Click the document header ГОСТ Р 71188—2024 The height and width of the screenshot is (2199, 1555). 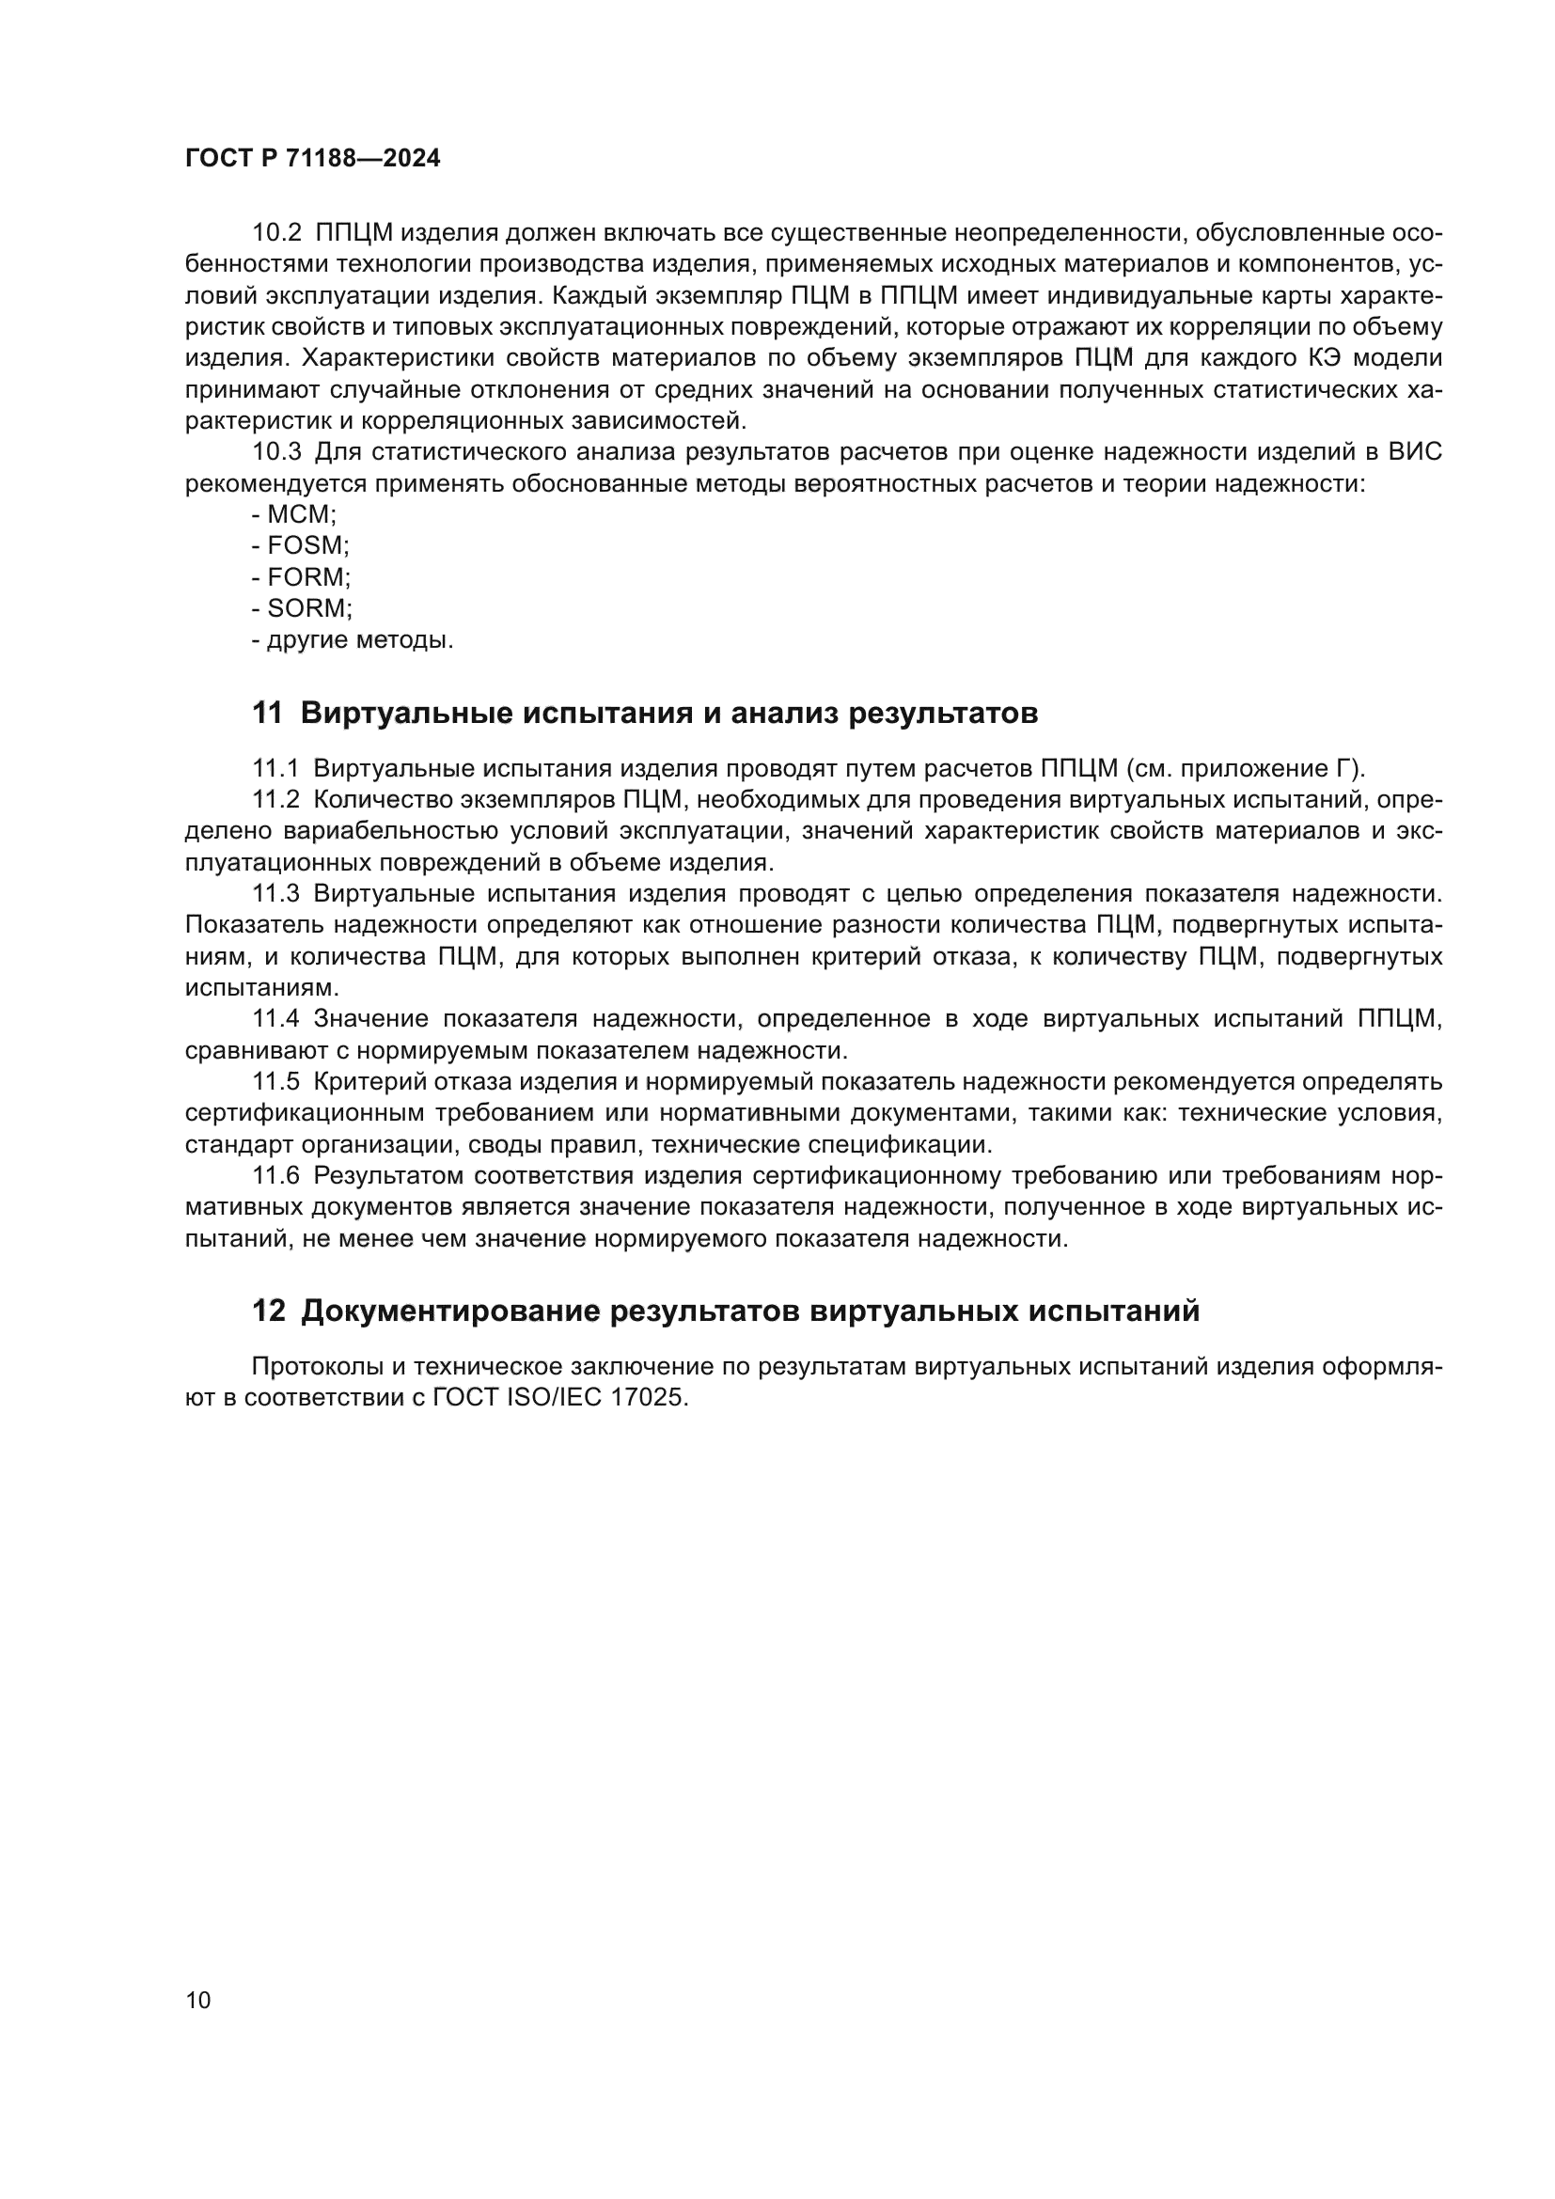pos(312,159)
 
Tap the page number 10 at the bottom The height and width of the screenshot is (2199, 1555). pos(198,2000)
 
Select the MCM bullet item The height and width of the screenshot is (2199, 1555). pos(301,514)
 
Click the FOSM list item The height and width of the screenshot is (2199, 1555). pos(307,546)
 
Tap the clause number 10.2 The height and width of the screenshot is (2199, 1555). pos(276,233)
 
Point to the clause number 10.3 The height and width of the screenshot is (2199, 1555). pos(276,452)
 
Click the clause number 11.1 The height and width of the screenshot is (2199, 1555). pos(275,768)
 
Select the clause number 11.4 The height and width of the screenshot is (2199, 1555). pos(276,1018)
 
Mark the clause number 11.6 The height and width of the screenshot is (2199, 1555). pos(276,1175)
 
